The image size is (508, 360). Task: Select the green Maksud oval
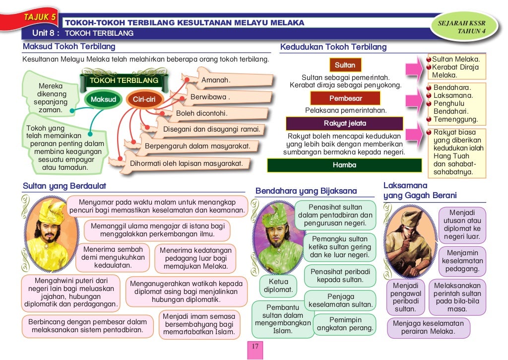click(103, 99)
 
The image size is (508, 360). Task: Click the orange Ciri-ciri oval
click(144, 99)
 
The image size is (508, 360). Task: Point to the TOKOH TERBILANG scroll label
click(124, 80)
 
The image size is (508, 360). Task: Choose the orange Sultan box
click(345, 65)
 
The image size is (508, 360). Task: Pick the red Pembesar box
click(345, 98)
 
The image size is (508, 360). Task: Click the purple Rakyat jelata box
click(345, 123)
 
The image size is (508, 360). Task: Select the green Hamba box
click(345, 165)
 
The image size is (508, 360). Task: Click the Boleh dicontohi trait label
click(201, 113)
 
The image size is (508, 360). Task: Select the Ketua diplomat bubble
click(278, 286)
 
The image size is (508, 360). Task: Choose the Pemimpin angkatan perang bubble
click(345, 324)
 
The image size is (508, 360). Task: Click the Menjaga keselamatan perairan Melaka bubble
click(428, 328)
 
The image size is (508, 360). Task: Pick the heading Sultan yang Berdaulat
click(64, 186)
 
